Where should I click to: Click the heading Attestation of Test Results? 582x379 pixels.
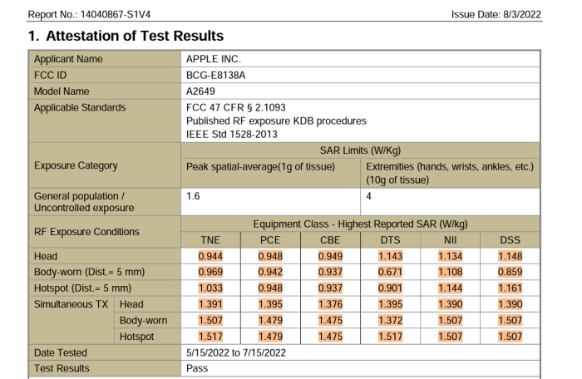pyautogui.click(x=125, y=37)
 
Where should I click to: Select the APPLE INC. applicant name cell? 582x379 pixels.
pyautogui.click(x=214, y=60)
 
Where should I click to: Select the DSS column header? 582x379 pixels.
pyautogui.click(x=510, y=241)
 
